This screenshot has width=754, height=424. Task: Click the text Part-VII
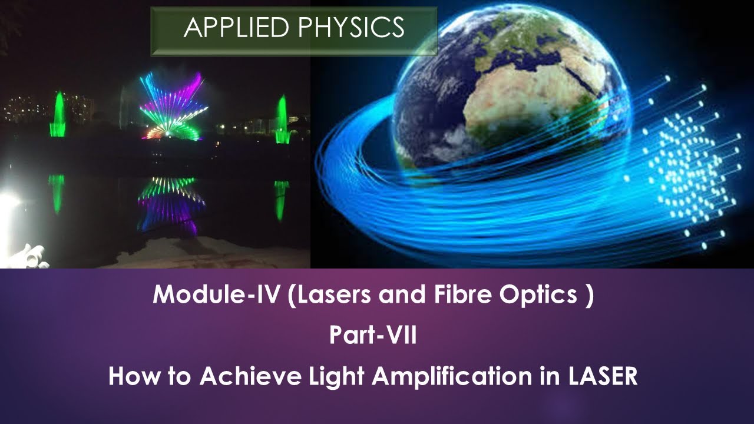373,336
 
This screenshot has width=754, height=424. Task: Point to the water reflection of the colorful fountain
171,203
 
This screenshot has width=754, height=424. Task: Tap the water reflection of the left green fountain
57,193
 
